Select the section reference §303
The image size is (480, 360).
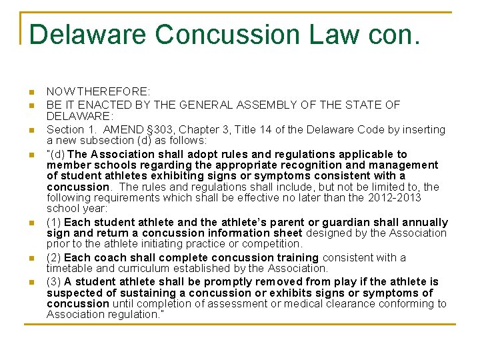tap(175, 129)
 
